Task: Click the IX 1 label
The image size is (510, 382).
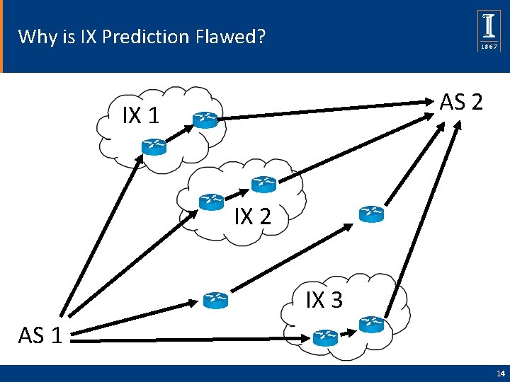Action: pyautogui.click(x=140, y=115)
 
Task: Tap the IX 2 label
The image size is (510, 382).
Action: pyautogui.click(x=252, y=216)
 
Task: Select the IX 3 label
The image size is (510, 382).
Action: pyautogui.click(x=324, y=300)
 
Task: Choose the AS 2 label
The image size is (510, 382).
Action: pyautogui.click(x=461, y=103)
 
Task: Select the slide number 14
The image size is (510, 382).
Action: pyautogui.click(x=500, y=374)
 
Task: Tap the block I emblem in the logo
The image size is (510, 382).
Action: pyautogui.click(x=490, y=26)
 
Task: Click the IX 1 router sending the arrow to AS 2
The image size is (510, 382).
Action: pyautogui.click(x=206, y=120)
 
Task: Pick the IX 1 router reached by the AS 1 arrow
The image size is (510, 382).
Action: pyautogui.click(x=153, y=146)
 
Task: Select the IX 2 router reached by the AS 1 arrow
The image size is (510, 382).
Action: pyautogui.click(x=211, y=202)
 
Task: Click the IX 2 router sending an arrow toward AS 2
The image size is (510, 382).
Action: pyautogui.click(x=263, y=185)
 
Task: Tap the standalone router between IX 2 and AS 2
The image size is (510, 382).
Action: pyautogui.click(x=370, y=214)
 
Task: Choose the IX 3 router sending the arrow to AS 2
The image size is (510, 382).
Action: pyautogui.click(x=370, y=325)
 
